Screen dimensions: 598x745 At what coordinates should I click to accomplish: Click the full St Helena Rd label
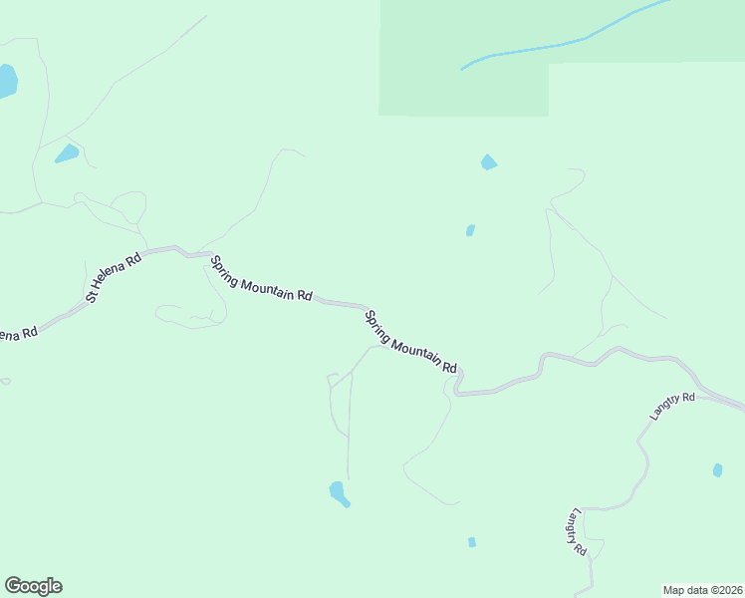pos(114,277)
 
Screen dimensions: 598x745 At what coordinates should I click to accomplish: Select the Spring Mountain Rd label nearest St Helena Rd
pos(261,279)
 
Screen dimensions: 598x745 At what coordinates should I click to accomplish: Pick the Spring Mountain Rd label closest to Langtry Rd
pos(409,343)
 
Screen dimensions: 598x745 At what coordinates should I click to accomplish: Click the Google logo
pos(33,586)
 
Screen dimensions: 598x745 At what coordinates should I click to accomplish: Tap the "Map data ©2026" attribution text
pos(702,589)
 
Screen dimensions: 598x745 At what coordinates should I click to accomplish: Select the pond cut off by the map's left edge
pos(6,80)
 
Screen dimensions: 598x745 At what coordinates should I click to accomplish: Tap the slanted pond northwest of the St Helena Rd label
pos(67,153)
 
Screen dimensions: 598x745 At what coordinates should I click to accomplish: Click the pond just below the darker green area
pos(488,161)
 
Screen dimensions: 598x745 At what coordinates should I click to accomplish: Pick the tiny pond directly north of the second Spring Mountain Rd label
pos(470,230)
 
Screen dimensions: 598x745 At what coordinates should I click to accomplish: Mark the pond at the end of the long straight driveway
pos(339,493)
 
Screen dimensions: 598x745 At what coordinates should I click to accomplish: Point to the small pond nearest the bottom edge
pos(472,542)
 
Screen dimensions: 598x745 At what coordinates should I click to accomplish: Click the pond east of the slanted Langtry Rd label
pos(717,469)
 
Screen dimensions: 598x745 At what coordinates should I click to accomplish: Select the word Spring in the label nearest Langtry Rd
pos(377,328)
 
